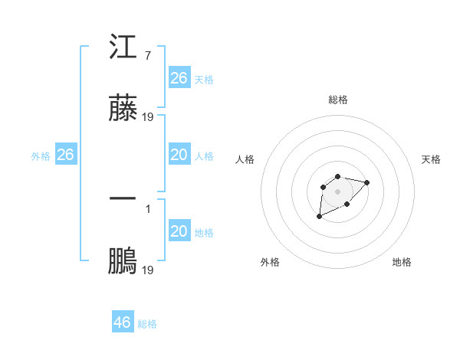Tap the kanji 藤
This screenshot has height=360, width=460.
[123, 109]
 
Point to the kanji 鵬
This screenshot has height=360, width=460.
[123, 261]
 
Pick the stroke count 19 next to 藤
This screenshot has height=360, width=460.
[148, 117]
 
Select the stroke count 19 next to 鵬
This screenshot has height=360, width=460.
[148, 270]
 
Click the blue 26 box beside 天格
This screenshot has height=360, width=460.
[179, 78]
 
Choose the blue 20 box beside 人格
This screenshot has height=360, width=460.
[179, 155]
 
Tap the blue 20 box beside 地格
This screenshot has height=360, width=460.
[179, 231]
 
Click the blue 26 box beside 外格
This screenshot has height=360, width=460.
[65, 155]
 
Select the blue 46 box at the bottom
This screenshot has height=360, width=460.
[122, 322]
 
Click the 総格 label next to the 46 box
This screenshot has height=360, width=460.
[147, 324]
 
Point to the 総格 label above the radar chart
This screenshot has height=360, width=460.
[337, 100]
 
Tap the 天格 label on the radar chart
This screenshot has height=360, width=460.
[431, 159]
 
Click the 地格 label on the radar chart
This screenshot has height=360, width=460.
[402, 262]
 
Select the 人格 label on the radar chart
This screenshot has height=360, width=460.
[245, 159]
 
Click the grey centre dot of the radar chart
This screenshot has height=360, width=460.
[337, 190]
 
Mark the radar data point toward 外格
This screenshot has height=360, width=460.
[320, 217]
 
